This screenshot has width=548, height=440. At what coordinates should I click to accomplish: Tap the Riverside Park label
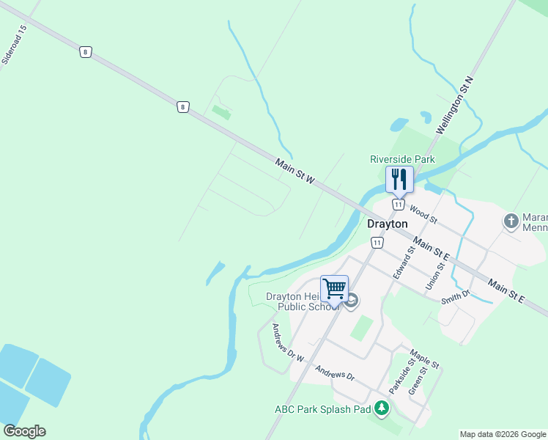402,159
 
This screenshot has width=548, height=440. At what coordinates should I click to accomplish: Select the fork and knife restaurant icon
399,179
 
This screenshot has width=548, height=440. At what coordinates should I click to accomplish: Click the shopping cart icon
334,288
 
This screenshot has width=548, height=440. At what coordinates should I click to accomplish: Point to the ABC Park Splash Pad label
322,409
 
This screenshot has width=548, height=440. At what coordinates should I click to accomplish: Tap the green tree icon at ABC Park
381,408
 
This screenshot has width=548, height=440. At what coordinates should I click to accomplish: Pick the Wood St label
423,215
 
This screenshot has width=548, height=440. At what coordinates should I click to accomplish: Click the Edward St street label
404,261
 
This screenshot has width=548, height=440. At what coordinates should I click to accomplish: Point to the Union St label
436,270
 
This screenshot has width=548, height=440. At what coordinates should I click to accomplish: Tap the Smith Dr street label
455,296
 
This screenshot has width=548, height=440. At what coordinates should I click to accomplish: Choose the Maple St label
425,359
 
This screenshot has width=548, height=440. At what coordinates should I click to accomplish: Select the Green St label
418,381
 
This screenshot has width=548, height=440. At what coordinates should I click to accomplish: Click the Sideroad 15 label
14,45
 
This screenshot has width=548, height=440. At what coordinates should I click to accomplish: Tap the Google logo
24,431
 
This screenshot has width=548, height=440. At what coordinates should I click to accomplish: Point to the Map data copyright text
503,434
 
